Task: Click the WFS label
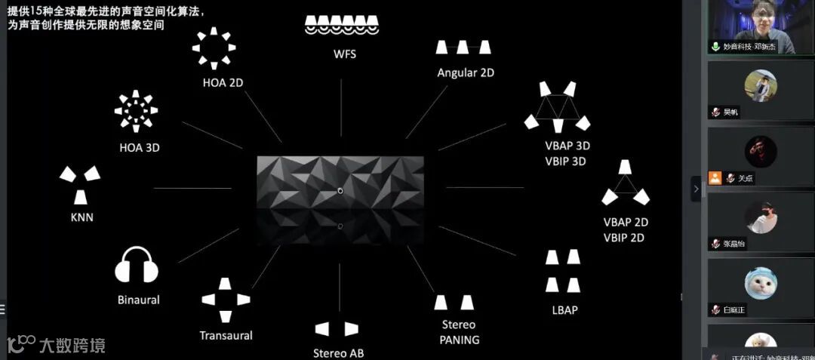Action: tap(344, 54)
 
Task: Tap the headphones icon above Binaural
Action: tap(137, 266)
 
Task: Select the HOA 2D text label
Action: tap(223, 83)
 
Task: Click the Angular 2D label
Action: tap(466, 72)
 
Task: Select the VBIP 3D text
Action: tap(567, 161)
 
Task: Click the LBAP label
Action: tap(564, 309)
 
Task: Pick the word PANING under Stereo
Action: tap(459, 340)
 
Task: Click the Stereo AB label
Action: tap(339, 353)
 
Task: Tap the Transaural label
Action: tap(226, 335)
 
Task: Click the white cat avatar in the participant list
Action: tap(761, 283)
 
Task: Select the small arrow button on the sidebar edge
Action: tap(696, 189)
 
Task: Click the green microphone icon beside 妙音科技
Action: tap(715, 47)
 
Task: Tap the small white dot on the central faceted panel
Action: tap(340, 191)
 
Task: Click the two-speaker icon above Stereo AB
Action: tap(337, 329)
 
